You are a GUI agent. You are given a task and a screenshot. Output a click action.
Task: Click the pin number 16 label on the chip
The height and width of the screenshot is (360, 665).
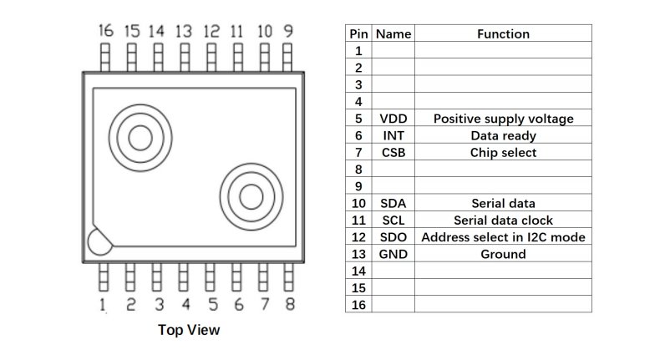(105, 31)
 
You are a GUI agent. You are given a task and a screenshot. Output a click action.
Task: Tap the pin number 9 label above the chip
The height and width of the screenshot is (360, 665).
(288, 31)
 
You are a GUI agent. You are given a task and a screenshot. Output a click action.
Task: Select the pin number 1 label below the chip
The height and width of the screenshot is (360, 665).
(103, 305)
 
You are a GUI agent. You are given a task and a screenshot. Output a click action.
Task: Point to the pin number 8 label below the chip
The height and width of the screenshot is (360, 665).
(289, 305)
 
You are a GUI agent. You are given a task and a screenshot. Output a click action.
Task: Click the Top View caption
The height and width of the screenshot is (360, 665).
(189, 330)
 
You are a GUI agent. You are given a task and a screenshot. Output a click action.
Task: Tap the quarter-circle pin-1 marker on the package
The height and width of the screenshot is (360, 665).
(97, 242)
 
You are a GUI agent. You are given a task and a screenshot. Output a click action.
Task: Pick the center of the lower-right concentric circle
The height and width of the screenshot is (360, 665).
(251, 196)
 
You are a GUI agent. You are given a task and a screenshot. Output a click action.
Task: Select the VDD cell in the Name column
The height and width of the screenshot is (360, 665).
(393, 119)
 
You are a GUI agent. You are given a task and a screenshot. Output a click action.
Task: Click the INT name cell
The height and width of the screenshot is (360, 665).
(393, 135)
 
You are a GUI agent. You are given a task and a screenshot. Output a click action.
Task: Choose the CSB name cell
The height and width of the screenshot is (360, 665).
(393, 153)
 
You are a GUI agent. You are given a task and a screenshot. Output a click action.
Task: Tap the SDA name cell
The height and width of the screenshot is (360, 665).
(393, 203)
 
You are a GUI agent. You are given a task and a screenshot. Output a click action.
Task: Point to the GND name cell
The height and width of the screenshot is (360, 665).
(393, 254)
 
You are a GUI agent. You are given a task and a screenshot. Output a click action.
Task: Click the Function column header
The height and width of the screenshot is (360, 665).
(503, 34)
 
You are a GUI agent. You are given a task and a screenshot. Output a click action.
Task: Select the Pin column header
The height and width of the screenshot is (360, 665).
(358, 34)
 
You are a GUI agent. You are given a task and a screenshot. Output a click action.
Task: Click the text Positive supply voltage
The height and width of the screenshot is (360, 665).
(503, 119)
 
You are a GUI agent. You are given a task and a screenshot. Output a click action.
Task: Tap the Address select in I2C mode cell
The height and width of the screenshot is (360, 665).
(503, 237)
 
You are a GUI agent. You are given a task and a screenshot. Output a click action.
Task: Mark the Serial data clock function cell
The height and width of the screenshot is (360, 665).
(503, 221)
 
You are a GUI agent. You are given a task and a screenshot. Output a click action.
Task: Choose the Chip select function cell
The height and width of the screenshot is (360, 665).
(503, 153)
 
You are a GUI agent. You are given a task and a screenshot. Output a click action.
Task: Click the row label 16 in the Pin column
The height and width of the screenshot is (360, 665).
(358, 305)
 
